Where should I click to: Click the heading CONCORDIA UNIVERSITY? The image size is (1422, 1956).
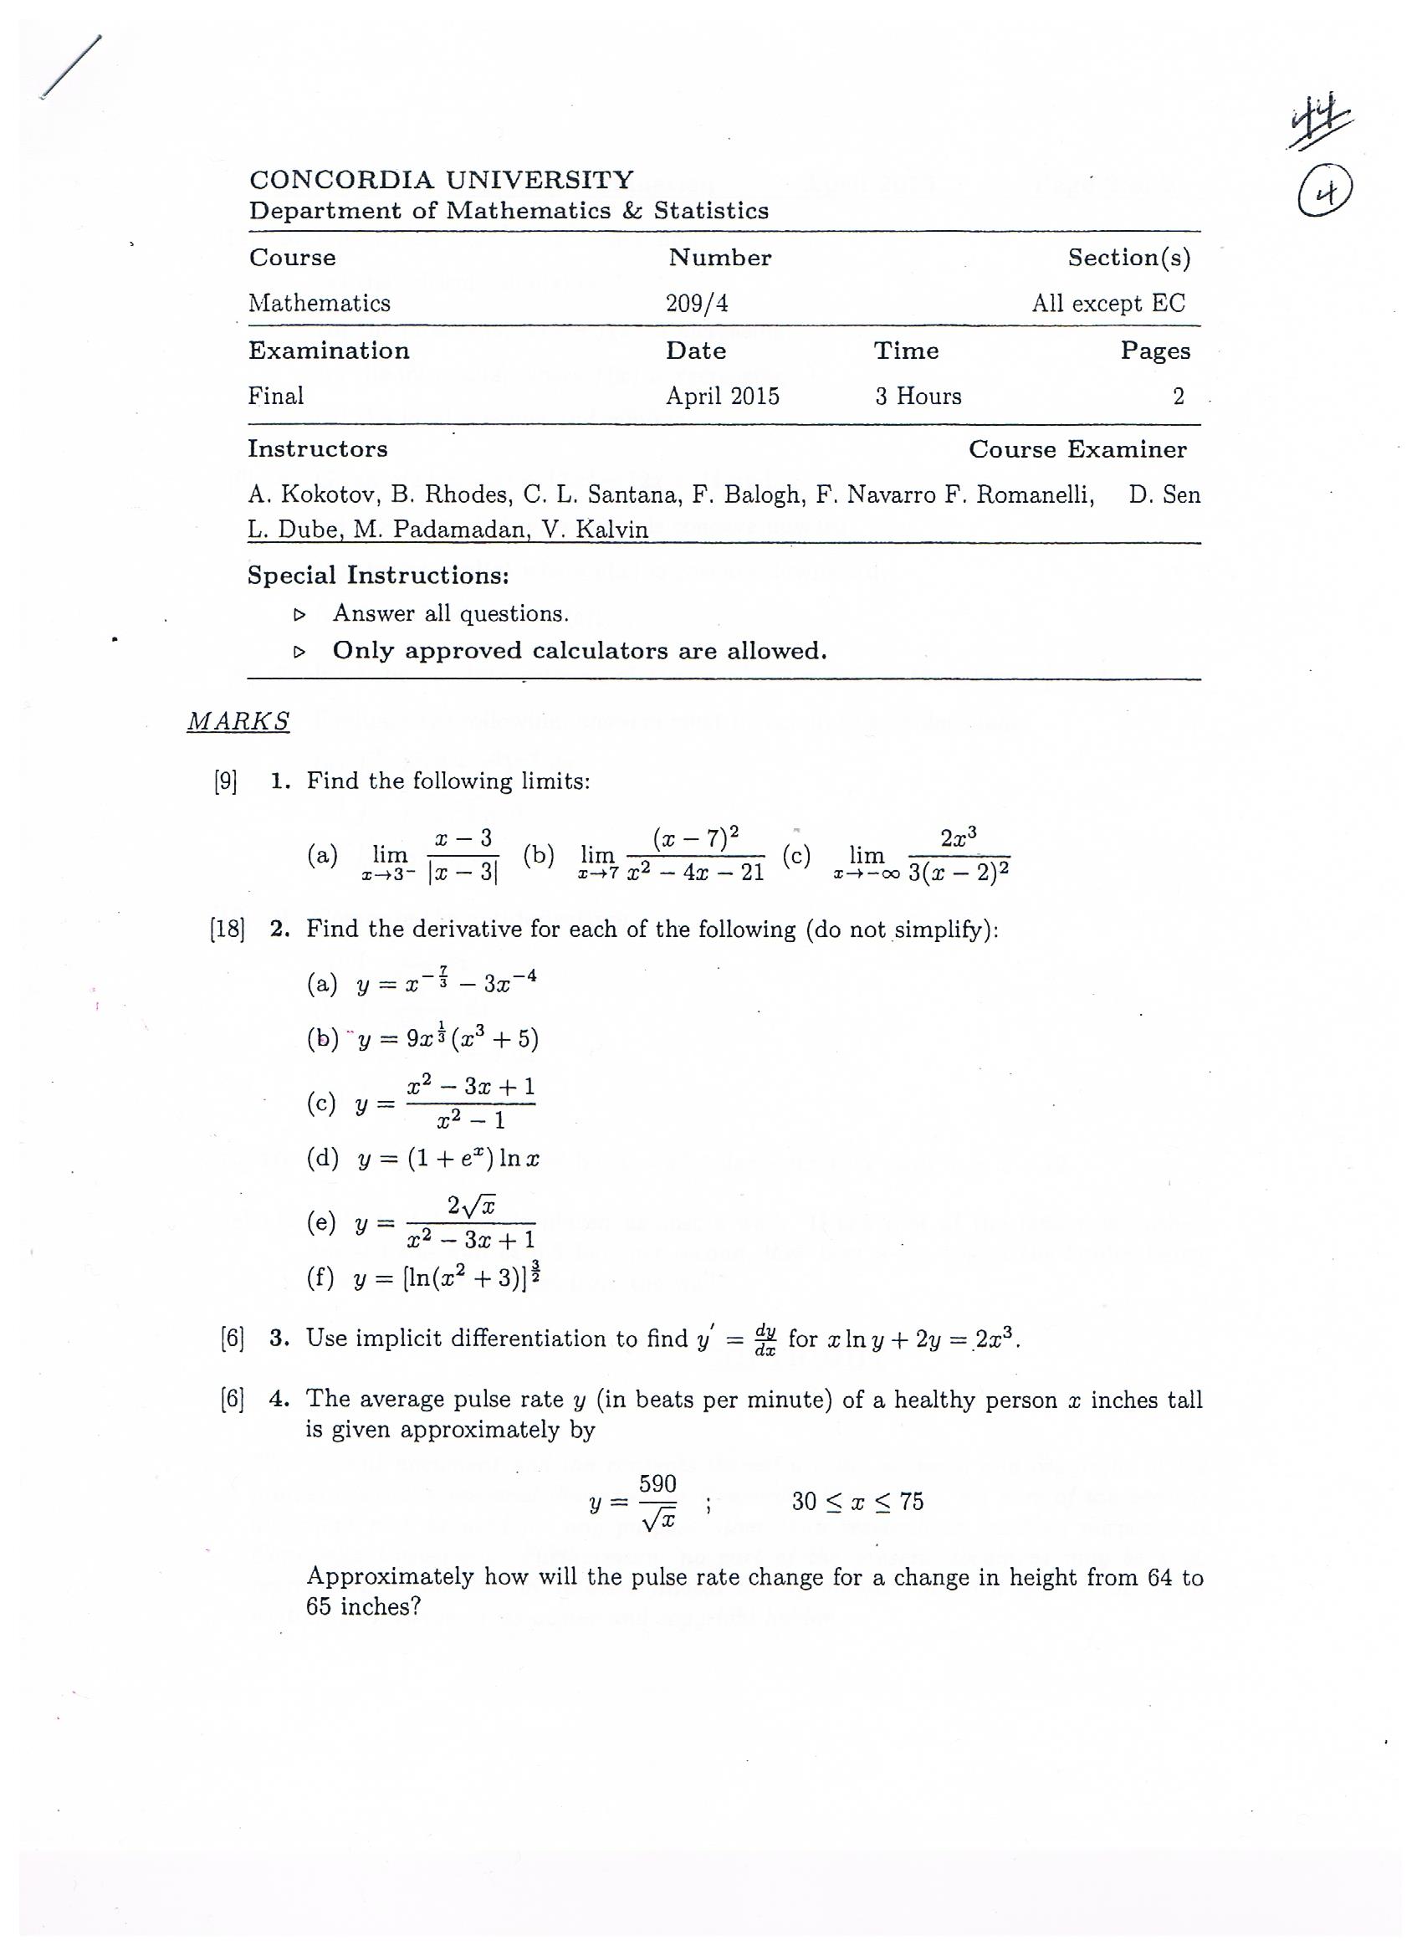tap(441, 180)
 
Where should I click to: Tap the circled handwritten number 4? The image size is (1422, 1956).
tap(1325, 193)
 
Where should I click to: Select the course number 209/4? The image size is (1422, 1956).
tap(697, 304)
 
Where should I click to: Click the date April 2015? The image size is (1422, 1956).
tap(722, 397)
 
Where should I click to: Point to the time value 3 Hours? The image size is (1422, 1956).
tap(918, 397)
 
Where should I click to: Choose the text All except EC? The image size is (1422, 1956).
tap(1108, 304)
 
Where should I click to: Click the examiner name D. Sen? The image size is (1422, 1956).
tap(1164, 495)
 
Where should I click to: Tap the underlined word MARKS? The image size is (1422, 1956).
tap(238, 721)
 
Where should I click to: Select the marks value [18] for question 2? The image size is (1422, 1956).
tap(227, 929)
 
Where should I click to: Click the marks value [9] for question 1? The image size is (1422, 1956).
tap(226, 781)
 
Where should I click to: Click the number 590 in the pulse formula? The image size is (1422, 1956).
tap(657, 1484)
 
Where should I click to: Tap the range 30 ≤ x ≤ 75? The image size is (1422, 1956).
tap(857, 1503)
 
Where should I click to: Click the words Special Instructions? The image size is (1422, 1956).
tap(378, 576)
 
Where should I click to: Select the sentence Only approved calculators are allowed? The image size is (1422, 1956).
tap(580, 651)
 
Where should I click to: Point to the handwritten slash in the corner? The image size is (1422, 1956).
tap(71, 68)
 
